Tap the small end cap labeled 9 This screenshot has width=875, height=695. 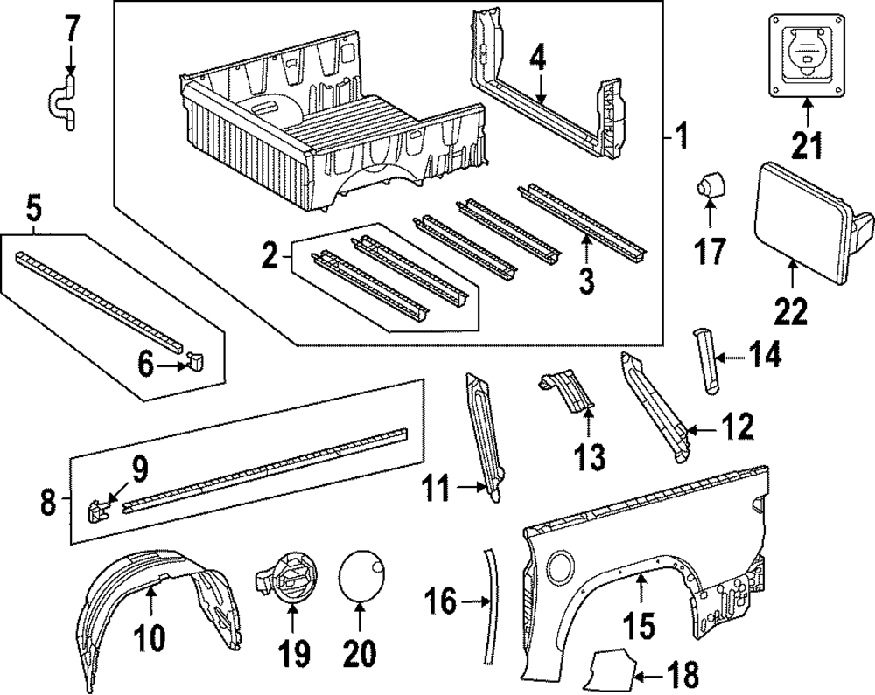click(x=96, y=508)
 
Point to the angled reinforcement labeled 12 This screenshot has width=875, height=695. click(x=655, y=407)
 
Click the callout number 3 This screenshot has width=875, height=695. click(x=586, y=281)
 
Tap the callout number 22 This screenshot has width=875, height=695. click(x=791, y=310)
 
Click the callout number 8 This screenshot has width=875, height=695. click(x=48, y=503)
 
